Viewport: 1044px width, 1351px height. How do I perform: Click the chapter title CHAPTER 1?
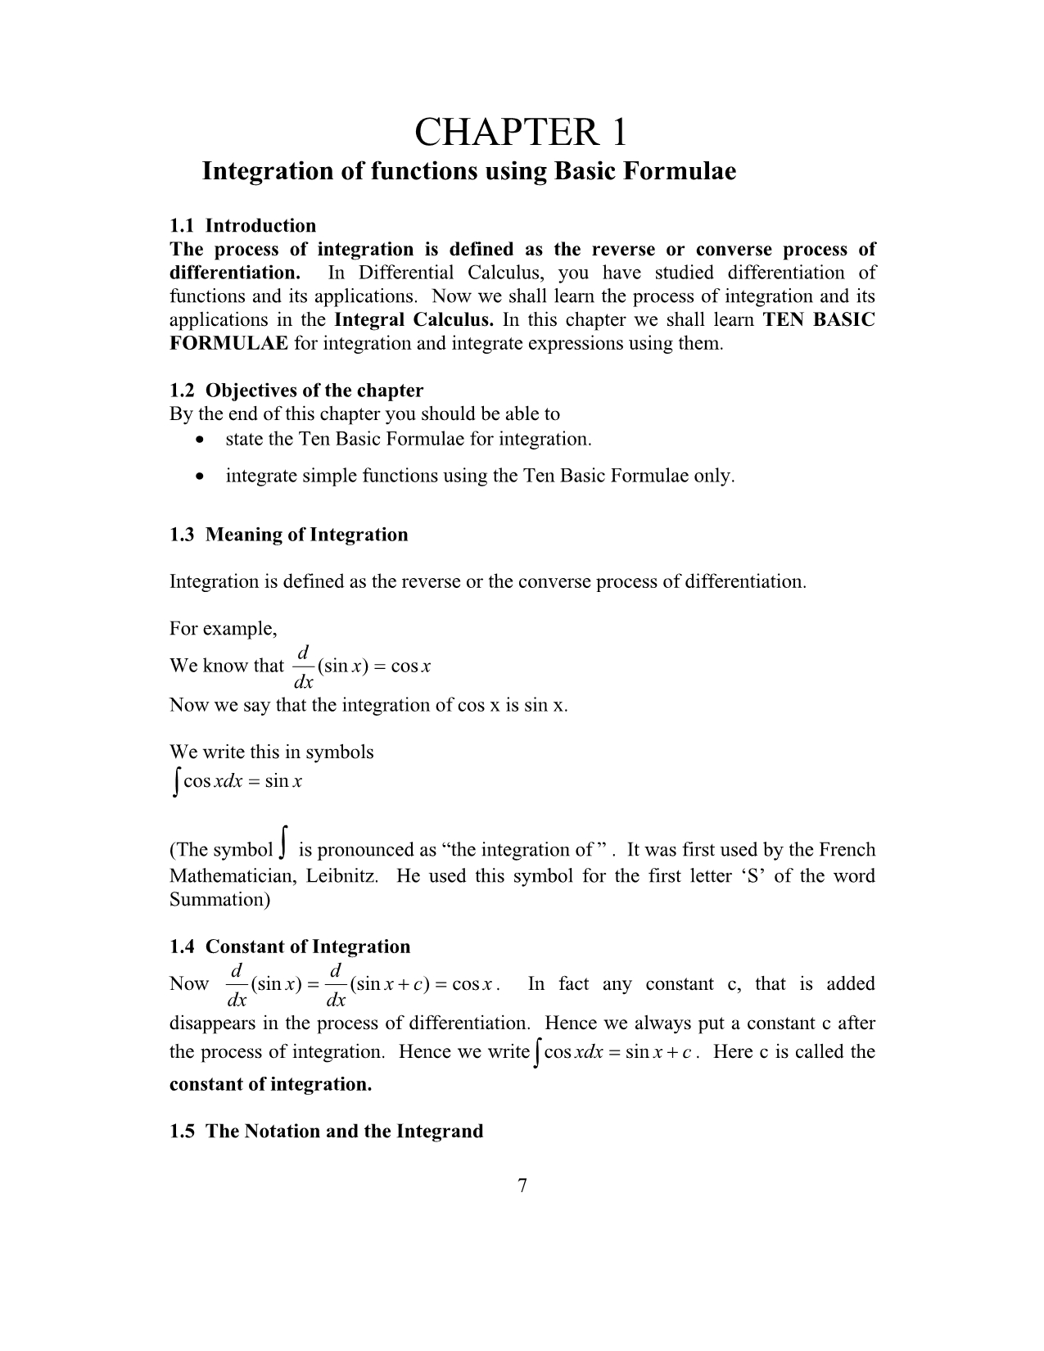click(x=521, y=132)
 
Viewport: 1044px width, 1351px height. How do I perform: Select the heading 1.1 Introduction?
click(x=242, y=226)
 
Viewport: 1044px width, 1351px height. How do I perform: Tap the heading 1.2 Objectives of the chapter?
click(x=296, y=391)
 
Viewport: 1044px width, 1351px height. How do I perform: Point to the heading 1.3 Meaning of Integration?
click(x=288, y=535)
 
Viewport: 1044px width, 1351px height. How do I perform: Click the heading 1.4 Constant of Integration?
click(x=290, y=947)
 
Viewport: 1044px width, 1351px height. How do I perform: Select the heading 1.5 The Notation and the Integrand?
click(x=326, y=1132)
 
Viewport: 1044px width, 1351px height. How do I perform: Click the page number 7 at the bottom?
click(x=522, y=1186)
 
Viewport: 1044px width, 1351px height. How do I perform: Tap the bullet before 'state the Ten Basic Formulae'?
click(x=201, y=441)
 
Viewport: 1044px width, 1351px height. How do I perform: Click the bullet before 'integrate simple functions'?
click(x=201, y=477)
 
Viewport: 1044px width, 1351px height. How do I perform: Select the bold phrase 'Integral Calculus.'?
click(x=414, y=320)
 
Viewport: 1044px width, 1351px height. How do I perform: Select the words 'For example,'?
click(x=223, y=629)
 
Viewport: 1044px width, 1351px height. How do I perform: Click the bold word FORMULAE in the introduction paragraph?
click(x=228, y=344)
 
